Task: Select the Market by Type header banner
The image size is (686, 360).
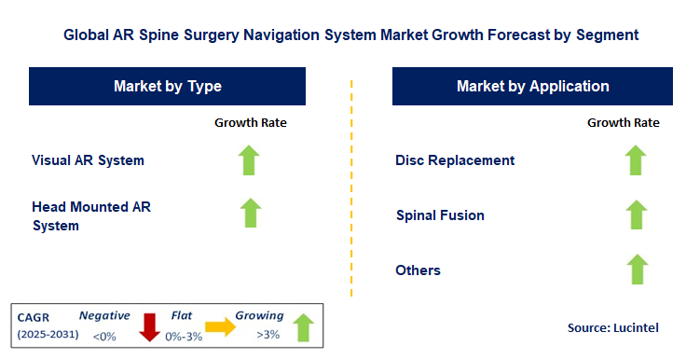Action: coord(168,87)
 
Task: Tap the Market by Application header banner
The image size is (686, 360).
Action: coord(532,87)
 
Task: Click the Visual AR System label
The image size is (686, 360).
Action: coord(88,159)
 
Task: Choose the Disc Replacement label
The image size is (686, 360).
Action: coord(455,159)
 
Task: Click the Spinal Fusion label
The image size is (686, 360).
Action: coord(440,215)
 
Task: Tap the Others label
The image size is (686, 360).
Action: coord(418,270)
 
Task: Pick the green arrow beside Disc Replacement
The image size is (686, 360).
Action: coord(636,159)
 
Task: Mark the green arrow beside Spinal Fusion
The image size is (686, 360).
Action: coord(636,215)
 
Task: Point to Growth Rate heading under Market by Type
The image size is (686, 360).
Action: coord(251,122)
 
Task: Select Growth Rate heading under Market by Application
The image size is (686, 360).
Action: coord(624,122)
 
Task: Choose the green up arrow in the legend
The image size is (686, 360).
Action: coord(302,326)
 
